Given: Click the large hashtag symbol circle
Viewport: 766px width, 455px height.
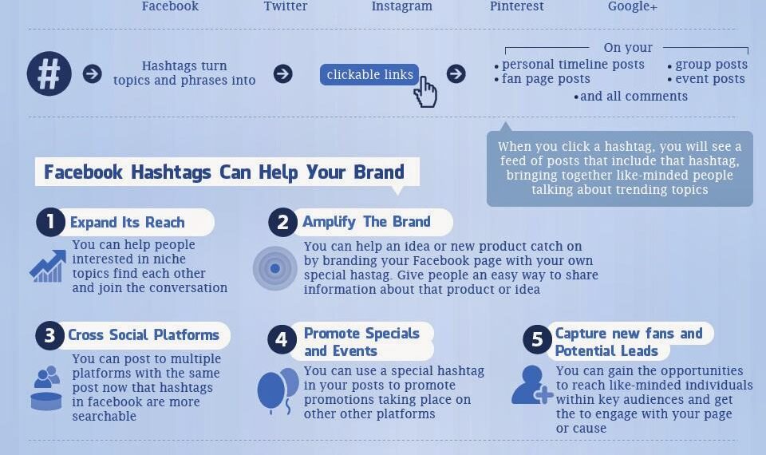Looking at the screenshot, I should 49,73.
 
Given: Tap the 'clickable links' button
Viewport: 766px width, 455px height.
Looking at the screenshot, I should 369,74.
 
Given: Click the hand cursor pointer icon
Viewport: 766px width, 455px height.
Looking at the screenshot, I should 426,92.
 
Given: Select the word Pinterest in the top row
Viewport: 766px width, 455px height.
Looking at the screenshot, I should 516,6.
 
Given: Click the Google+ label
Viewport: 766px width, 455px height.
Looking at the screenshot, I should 633,6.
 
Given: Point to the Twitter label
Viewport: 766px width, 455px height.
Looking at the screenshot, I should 286,6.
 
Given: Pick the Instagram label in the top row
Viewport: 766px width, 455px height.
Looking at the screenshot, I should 401,6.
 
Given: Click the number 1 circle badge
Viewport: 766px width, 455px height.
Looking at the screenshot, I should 50,222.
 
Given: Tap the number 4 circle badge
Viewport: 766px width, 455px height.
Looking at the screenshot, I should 281,340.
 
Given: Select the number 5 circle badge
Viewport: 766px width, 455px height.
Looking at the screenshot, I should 537,340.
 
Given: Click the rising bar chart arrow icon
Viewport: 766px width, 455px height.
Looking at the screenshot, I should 48,266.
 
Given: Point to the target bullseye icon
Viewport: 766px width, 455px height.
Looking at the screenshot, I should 274,268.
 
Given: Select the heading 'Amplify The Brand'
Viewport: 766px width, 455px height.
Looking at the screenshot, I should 366,222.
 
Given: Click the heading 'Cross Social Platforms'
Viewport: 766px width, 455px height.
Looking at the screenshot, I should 144,335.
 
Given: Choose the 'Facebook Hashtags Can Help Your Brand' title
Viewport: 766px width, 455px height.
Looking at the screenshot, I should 224,172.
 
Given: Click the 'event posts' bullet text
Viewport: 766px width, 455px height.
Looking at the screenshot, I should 709,79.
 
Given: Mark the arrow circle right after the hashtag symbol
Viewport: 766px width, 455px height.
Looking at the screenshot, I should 93,74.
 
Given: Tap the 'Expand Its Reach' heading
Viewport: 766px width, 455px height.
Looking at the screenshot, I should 127,223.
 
